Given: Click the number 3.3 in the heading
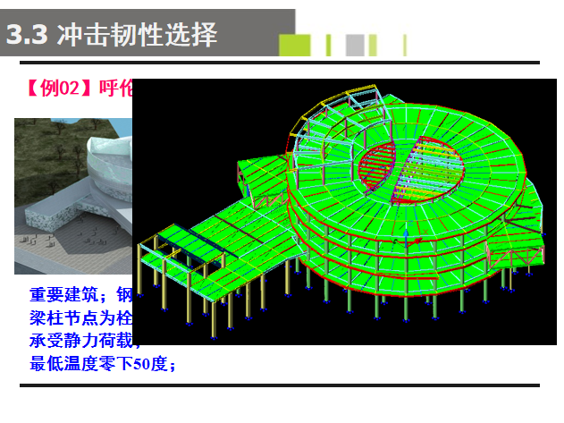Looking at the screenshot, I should (x=28, y=36).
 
